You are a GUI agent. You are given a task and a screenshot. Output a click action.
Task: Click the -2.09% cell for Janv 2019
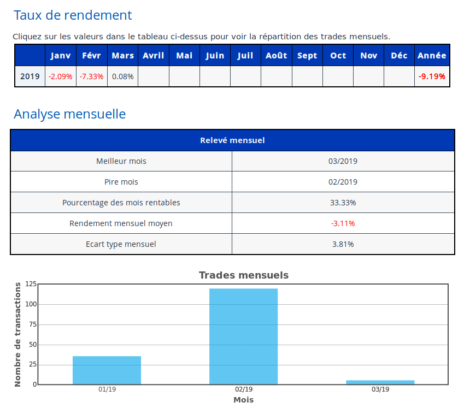click(x=60, y=76)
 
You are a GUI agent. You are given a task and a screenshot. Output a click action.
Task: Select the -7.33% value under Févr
click(x=91, y=76)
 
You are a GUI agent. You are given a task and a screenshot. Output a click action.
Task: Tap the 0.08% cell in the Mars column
click(x=122, y=76)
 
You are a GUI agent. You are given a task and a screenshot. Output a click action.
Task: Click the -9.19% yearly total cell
click(x=432, y=76)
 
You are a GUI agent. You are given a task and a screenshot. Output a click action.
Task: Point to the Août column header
click(x=276, y=55)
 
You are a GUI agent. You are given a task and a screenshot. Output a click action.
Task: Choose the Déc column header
click(x=399, y=55)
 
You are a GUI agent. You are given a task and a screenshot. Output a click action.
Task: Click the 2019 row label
click(x=30, y=76)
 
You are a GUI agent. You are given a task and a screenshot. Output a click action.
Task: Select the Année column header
click(x=432, y=55)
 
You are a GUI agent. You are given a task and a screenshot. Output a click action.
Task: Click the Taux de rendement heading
click(x=73, y=15)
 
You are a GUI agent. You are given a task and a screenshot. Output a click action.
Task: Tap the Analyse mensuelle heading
click(x=69, y=114)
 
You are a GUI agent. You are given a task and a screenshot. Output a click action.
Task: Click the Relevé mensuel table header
click(x=232, y=140)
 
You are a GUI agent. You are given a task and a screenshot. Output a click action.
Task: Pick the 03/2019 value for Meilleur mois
click(x=343, y=161)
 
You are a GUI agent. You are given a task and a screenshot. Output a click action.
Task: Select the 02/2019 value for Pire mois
click(x=343, y=182)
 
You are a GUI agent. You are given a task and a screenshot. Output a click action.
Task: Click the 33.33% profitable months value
click(x=343, y=203)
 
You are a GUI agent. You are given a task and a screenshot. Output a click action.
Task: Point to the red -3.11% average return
click(x=343, y=223)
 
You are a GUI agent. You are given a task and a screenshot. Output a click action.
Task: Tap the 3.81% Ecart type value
click(x=343, y=244)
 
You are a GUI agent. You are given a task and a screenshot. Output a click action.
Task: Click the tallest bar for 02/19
click(x=243, y=336)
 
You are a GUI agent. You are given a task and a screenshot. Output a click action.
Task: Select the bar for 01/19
click(x=107, y=370)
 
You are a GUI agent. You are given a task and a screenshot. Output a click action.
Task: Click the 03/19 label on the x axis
click(x=380, y=389)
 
